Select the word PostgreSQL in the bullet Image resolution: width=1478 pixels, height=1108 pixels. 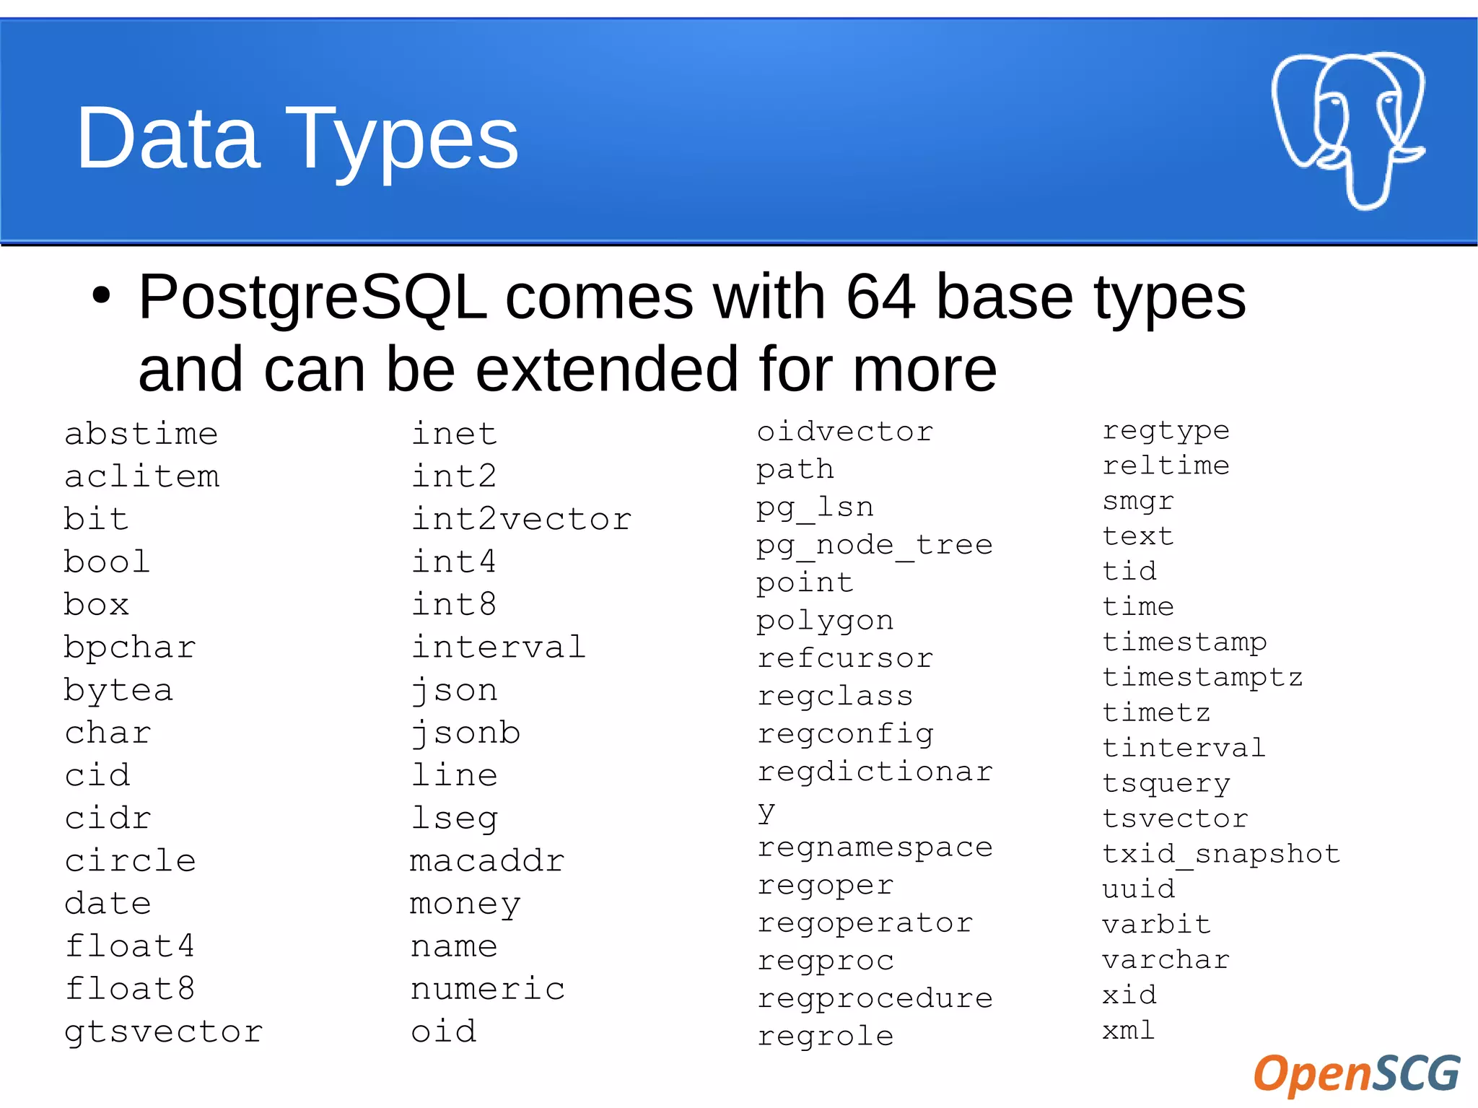point(312,298)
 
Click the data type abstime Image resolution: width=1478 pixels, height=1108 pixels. point(141,434)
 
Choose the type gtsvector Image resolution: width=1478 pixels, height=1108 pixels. point(164,1032)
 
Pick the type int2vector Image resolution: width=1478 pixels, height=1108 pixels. point(521,519)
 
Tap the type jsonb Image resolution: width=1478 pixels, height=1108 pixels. point(465,733)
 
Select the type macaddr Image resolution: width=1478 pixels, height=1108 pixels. point(487,860)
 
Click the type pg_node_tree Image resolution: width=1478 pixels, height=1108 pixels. point(875,546)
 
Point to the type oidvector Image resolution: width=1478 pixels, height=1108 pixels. point(845,432)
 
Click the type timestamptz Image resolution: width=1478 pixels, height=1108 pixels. point(1202,678)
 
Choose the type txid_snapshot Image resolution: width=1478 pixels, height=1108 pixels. point(1221,854)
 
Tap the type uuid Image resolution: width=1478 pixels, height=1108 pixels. point(1139,889)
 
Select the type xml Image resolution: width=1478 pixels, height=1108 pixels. point(1129,1030)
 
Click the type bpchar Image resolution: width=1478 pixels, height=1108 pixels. point(130,647)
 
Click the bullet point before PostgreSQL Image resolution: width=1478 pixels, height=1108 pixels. point(102,295)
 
